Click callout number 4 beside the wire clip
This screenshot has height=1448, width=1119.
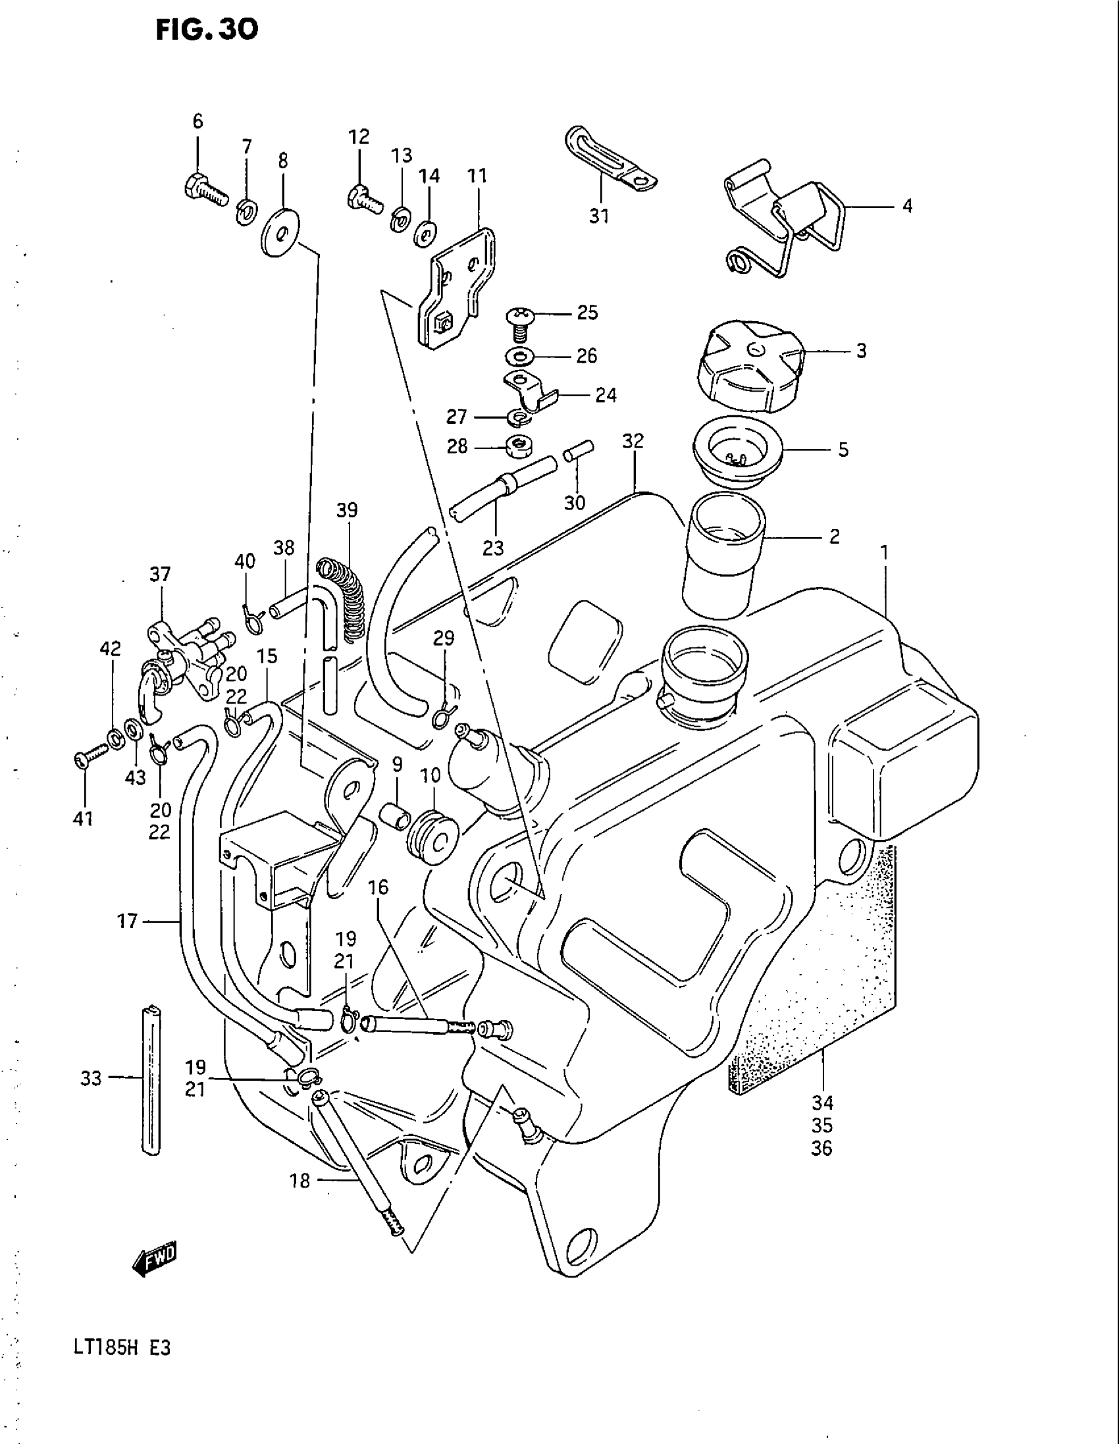click(907, 206)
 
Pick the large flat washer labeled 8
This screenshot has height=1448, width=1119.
click(280, 234)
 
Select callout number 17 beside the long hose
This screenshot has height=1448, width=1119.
click(128, 920)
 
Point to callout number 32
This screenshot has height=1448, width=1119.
click(633, 441)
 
